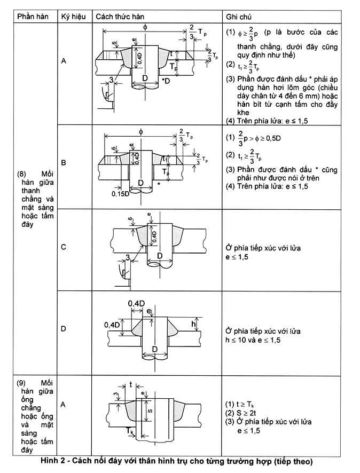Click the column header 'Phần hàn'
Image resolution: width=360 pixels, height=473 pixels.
coord(33,17)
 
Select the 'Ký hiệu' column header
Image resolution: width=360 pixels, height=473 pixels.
coord(73,17)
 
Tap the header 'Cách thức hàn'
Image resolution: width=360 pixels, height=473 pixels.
coord(120,17)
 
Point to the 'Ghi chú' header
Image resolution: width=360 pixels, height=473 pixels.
coord(238,17)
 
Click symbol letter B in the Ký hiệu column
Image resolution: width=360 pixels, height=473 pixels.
coord(64,163)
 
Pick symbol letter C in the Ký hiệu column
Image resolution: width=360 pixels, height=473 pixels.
coord(64,247)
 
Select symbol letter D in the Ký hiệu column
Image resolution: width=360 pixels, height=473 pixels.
coord(64,328)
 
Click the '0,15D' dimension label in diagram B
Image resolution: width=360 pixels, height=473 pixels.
coord(120,194)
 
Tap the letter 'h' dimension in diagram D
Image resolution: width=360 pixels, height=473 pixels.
coord(193,324)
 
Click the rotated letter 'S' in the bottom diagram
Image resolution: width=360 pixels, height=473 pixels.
coord(150,411)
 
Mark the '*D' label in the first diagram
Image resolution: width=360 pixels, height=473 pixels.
coord(166,81)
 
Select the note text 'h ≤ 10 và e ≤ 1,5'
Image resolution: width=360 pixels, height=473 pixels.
coord(253,340)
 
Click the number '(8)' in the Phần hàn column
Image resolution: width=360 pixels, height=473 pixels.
coord(22,174)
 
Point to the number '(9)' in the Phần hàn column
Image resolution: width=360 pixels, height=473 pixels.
coord(21,383)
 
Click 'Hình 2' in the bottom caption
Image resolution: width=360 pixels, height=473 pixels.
coord(51,461)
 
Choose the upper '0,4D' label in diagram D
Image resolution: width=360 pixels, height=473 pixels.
coord(136,303)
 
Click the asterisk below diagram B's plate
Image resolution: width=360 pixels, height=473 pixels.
coord(159,184)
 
